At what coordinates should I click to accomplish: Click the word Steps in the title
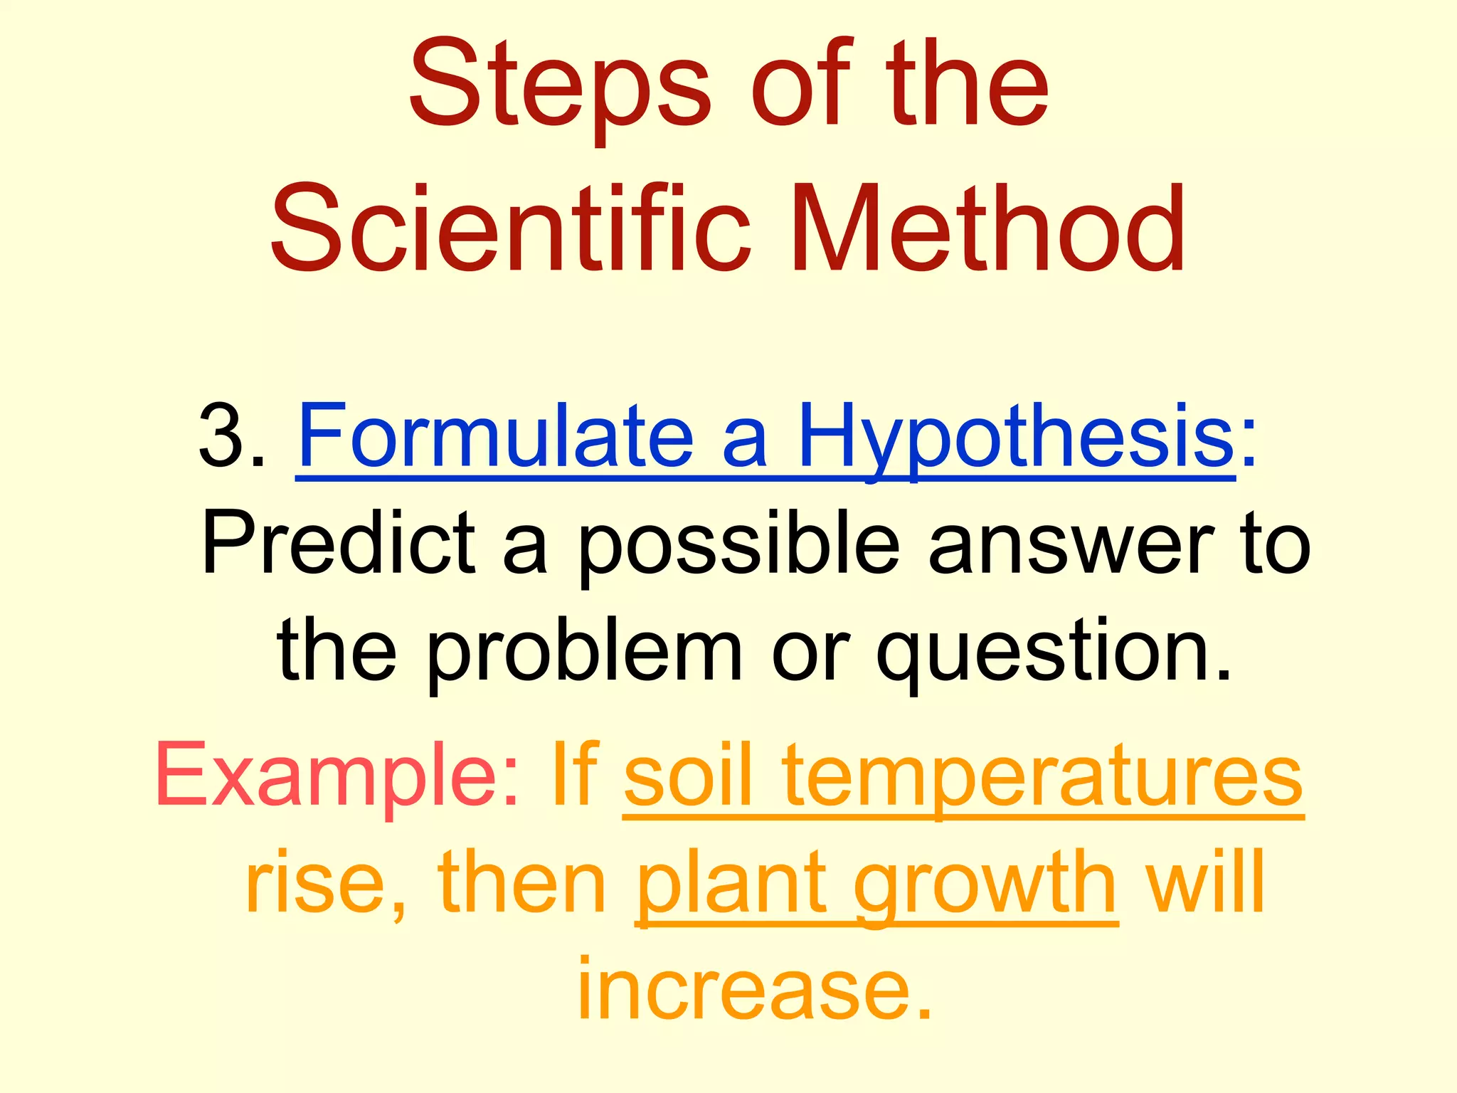point(559,87)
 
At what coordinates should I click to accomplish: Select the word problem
point(583,653)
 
